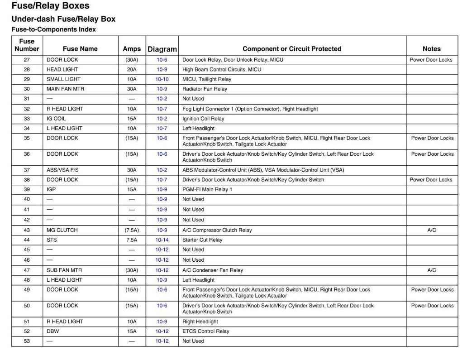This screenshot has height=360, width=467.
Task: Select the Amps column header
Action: coord(132,49)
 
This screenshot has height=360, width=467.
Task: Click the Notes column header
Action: coord(431,49)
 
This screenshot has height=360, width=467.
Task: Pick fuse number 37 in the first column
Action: coord(27,170)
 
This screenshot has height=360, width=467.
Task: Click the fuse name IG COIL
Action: coord(57,119)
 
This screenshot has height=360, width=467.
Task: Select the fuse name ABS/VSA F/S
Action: coord(62,170)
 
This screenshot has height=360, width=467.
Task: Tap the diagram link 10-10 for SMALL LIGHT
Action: coord(162,79)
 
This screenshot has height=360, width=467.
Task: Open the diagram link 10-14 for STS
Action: coord(162,240)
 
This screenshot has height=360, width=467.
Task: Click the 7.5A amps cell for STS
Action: coord(132,240)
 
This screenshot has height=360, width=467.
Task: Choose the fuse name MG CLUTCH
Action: coord(62,230)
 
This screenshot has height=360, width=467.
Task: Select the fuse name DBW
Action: coord(52,331)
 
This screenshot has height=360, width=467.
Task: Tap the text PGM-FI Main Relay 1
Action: coord(207,189)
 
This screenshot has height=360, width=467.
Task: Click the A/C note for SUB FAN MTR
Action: coord(431,270)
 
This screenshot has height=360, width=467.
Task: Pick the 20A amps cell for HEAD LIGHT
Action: coord(132,69)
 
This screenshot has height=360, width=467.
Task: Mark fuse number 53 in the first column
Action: coord(27,341)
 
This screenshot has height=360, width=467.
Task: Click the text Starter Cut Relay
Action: coord(202,240)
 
